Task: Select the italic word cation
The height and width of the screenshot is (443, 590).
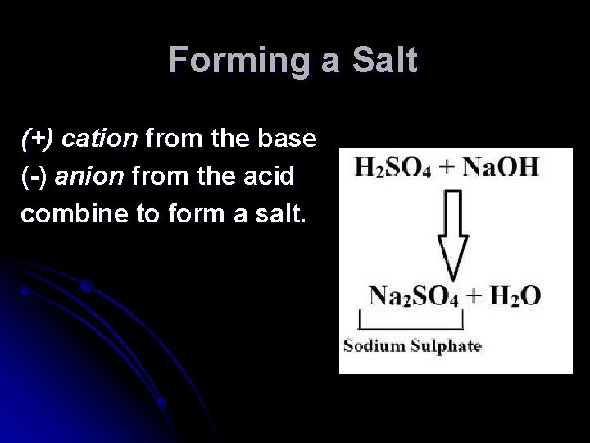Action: tap(99, 139)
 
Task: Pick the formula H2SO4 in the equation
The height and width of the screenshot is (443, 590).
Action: tap(390, 167)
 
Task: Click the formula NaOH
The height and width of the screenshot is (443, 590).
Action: tap(500, 167)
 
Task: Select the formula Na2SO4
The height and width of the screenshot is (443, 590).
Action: tap(412, 295)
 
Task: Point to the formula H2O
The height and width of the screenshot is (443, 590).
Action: tap(515, 295)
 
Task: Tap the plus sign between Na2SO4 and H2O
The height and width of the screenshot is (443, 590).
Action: tap(475, 296)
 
